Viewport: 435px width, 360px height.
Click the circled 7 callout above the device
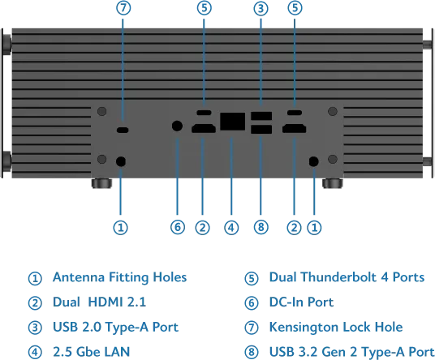tap(123, 8)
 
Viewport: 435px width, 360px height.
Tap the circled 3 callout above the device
tap(261, 8)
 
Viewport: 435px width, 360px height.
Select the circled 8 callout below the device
tap(261, 227)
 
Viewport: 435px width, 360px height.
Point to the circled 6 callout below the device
tap(178, 227)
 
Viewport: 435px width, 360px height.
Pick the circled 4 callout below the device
tap(231, 228)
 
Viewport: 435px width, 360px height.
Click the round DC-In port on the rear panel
tap(177, 126)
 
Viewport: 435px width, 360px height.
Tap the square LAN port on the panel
tap(232, 122)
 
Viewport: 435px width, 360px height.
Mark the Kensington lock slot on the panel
tap(123, 130)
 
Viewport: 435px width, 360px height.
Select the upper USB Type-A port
tap(261, 116)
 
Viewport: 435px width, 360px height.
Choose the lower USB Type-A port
tap(261, 130)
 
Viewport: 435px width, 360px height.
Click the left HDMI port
tap(204, 129)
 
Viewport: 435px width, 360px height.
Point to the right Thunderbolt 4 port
tap(295, 113)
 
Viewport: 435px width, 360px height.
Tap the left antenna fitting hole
tap(121, 161)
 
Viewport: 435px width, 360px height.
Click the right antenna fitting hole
tap(313, 161)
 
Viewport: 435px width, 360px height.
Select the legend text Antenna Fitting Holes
tap(119, 277)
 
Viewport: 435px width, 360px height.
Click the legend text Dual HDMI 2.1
tap(99, 302)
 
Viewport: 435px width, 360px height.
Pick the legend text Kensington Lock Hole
tap(336, 327)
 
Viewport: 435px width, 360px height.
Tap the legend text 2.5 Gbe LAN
tap(91, 352)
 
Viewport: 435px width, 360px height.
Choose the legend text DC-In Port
tap(301, 302)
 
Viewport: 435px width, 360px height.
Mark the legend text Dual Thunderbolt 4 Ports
tap(347, 277)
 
